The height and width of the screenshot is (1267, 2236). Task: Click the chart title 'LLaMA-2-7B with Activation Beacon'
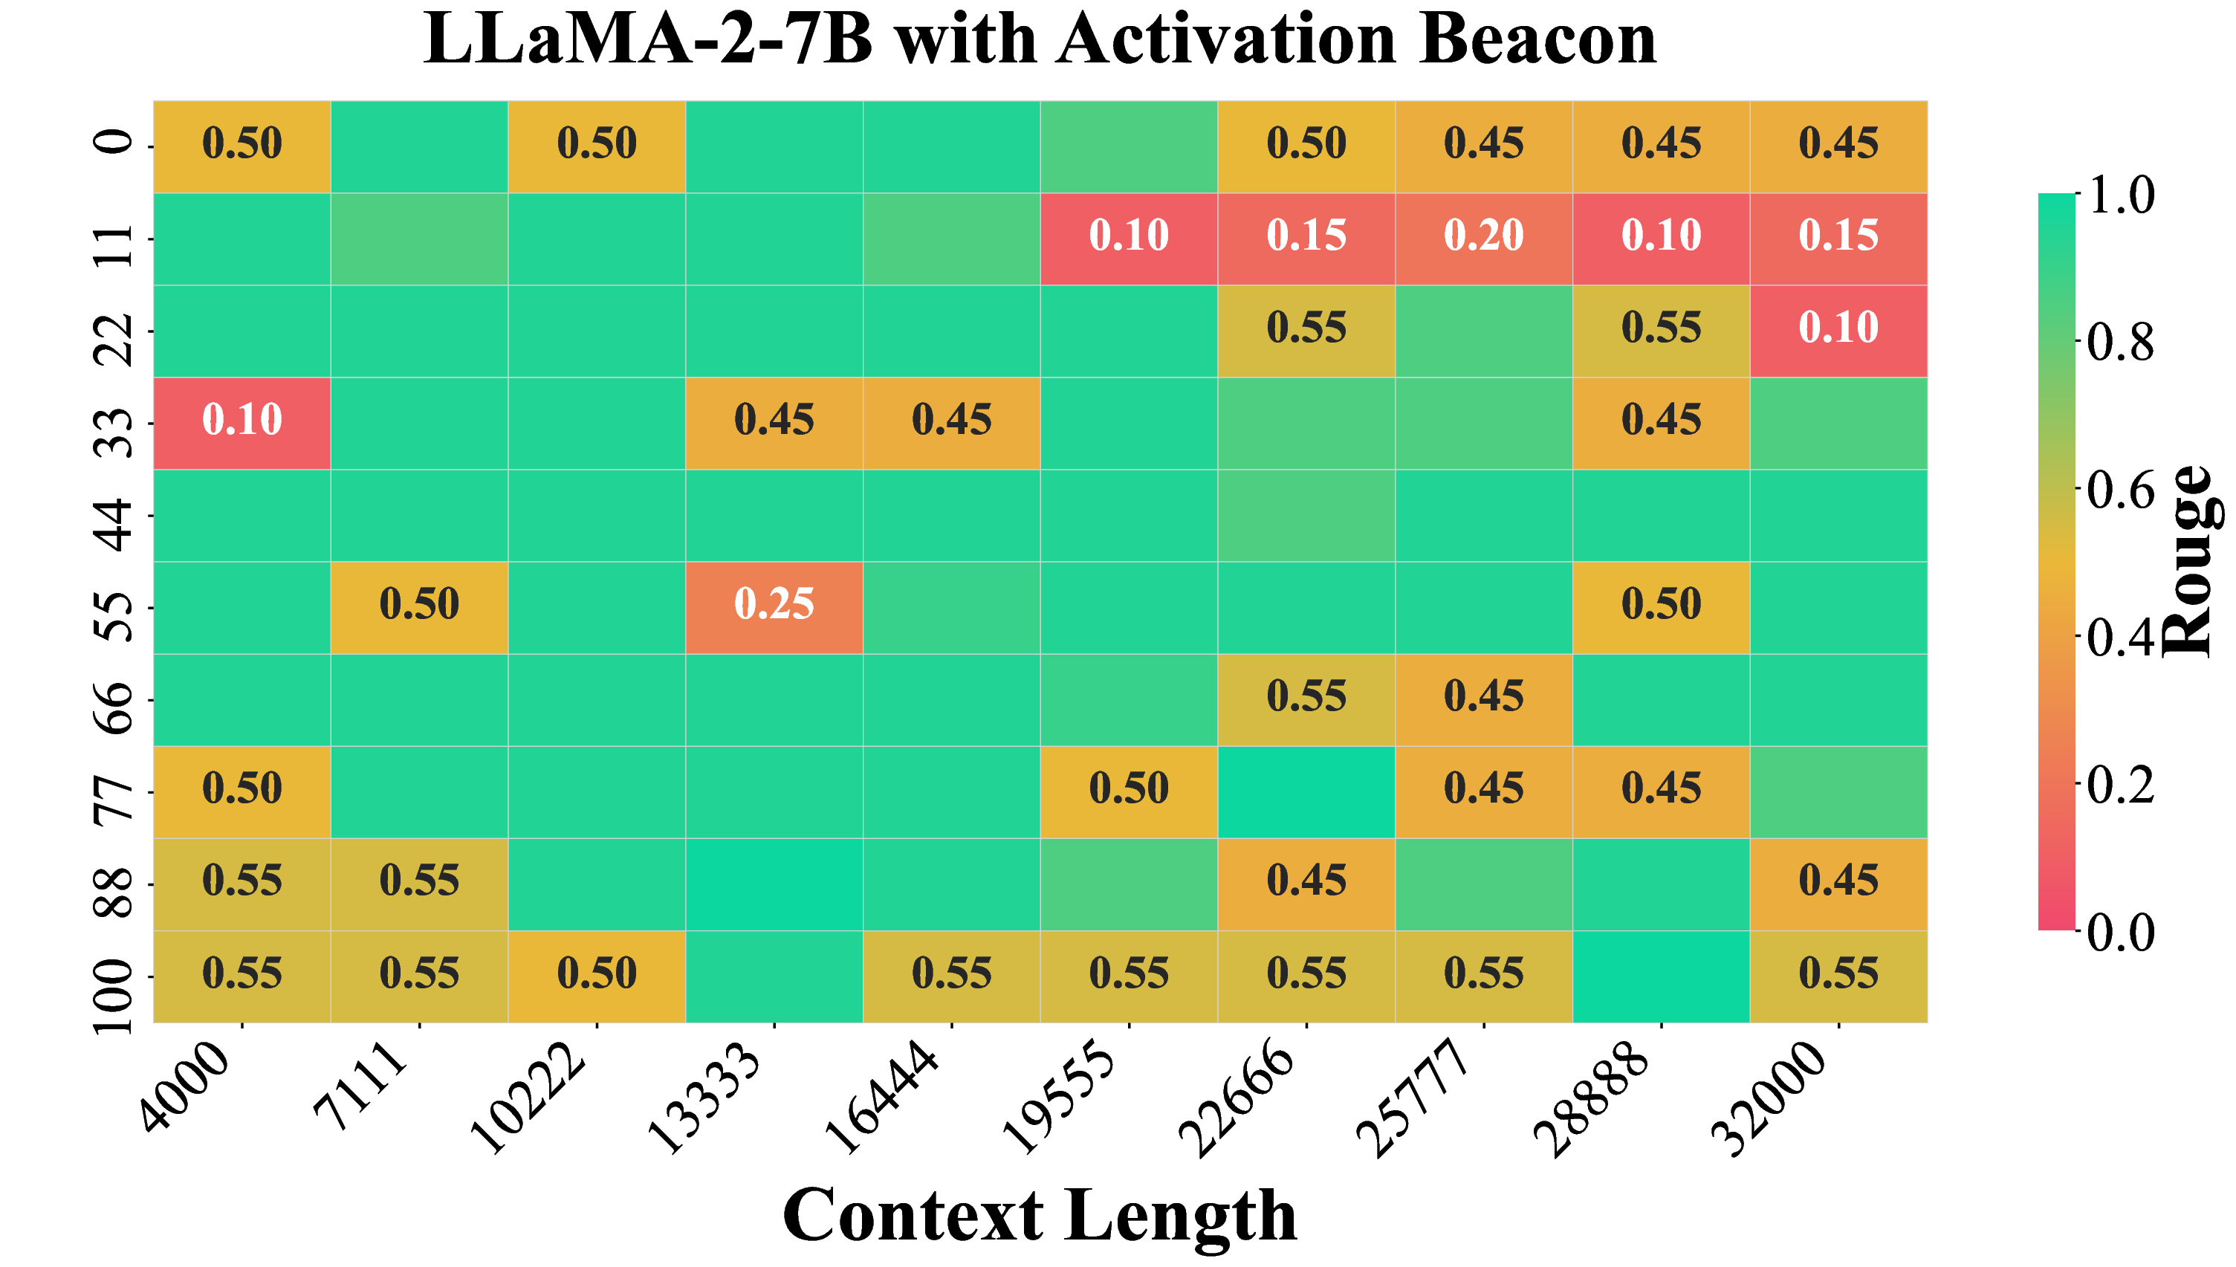(1040, 40)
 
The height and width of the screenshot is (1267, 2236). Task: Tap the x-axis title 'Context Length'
(1040, 1215)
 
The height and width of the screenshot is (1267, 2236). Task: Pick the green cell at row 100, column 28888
(1660, 976)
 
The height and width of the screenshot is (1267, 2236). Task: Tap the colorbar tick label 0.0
(2119, 933)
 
